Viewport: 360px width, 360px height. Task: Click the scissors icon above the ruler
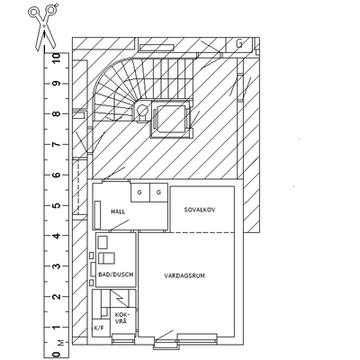pyautogui.click(x=44, y=27)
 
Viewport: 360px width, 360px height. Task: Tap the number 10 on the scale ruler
pyautogui.click(x=56, y=58)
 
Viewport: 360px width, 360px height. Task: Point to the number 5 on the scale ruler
pyautogui.click(x=56, y=206)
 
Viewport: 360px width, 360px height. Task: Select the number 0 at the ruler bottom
pyautogui.click(x=56, y=354)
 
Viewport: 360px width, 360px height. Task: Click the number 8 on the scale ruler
pyautogui.click(x=56, y=114)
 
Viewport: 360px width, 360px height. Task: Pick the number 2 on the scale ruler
pyautogui.click(x=56, y=297)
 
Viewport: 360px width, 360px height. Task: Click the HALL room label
pyautogui.click(x=118, y=211)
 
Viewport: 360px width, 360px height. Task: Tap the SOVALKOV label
pyautogui.click(x=200, y=210)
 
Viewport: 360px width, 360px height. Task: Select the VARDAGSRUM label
pyautogui.click(x=184, y=275)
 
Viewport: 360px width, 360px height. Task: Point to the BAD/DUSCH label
pyautogui.click(x=116, y=274)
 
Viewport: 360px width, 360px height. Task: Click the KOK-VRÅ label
pyautogui.click(x=121, y=318)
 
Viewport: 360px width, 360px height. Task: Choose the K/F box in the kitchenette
pyautogui.click(x=99, y=328)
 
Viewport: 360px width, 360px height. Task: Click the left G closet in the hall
pyautogui.click(x=139, y=193)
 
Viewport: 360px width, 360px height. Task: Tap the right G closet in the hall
pyautogui.click(x=158, y=193)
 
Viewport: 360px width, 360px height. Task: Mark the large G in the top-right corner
pyautogui.click(x=239, y=44)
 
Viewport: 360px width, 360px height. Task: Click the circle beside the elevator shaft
pyautogui.click(x=143, y=111)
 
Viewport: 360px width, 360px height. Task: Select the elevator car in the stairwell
pyautogui.click(x=170, y=119)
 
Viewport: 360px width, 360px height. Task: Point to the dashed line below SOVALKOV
pyautogui.click(x=202, y=232)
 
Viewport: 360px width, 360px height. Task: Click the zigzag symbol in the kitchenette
pyautogui.click(x=120, y=299)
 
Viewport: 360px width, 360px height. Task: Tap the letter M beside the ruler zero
pyautogui.click(x=61, y=343)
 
